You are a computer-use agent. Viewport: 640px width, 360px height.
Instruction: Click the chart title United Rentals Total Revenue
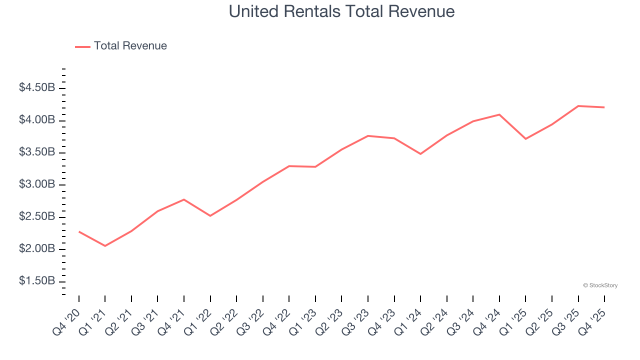tap(341, 11)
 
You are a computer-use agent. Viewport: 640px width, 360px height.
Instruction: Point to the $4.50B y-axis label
tap(37, 88)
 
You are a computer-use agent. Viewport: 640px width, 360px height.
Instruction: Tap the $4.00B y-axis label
tap(37, 120)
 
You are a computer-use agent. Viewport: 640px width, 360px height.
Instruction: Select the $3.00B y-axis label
tap(37, 184)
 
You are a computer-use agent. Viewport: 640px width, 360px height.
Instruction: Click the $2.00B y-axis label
tap(37, 249)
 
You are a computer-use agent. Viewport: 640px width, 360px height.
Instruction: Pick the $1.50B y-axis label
tap(37, 281)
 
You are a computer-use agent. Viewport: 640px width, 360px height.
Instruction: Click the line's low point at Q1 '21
tap(105, 246)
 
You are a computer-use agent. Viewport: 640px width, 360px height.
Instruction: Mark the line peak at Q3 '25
tap(578, 106)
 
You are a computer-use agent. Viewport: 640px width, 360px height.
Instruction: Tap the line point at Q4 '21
tap(184, 199)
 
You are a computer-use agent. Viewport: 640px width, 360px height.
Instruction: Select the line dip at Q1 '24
tap(420, 154)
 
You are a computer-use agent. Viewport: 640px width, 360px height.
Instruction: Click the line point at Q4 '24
tap(499, 114)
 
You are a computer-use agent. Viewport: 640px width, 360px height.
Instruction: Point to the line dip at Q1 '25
tap(526, 139)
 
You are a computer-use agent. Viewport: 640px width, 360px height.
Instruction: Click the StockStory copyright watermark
tap(600, 285)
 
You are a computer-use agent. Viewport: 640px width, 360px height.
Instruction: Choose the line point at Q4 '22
tap(289, 166)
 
